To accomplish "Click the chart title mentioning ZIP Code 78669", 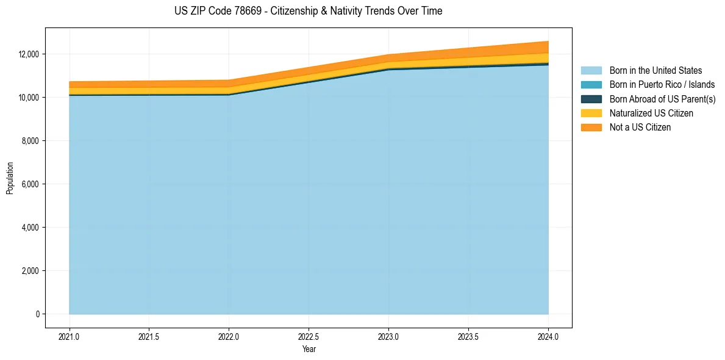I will point(308,11).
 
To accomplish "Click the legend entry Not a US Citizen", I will point(640,127).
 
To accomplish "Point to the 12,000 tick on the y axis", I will point(29,54).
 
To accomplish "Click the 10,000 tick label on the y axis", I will point(29,98).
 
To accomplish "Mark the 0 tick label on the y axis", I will point(37,314).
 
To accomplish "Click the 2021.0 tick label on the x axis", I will point(69,336).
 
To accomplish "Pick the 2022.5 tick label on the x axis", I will point(309,336).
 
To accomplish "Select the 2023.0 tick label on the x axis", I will point(388,336).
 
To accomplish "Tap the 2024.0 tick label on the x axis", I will point(548,336).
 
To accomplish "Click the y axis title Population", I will point(10,179).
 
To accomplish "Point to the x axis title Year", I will point(309,349).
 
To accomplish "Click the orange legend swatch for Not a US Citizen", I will point(591,127).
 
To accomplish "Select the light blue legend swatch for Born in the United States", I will point(591,71).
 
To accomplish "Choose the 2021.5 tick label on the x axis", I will point(149,336).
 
